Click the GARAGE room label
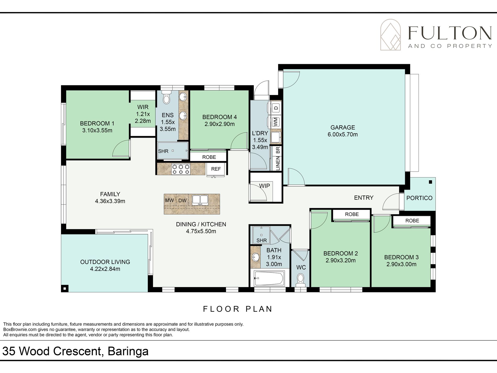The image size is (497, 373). [343, 127]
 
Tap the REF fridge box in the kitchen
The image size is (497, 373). [216, 169]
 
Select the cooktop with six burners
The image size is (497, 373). [181, 169]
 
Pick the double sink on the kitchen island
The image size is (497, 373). [200, 200]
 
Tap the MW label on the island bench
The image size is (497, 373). [170, 201]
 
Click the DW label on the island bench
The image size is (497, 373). [182, 201]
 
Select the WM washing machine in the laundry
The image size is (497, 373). [275, 122]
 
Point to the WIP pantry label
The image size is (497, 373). [264, 186]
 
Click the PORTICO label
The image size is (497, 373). [419, 198]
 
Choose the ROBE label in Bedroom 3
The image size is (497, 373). [412, 221]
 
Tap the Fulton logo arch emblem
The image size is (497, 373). [390, 35]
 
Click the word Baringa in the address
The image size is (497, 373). [128, 351]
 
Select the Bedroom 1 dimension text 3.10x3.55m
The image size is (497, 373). [97, 130]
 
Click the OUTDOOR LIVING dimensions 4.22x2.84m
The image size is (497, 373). [105, 269]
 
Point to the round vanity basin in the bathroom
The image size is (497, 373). [255, 257]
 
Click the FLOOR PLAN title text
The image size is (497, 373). [238, 309]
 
